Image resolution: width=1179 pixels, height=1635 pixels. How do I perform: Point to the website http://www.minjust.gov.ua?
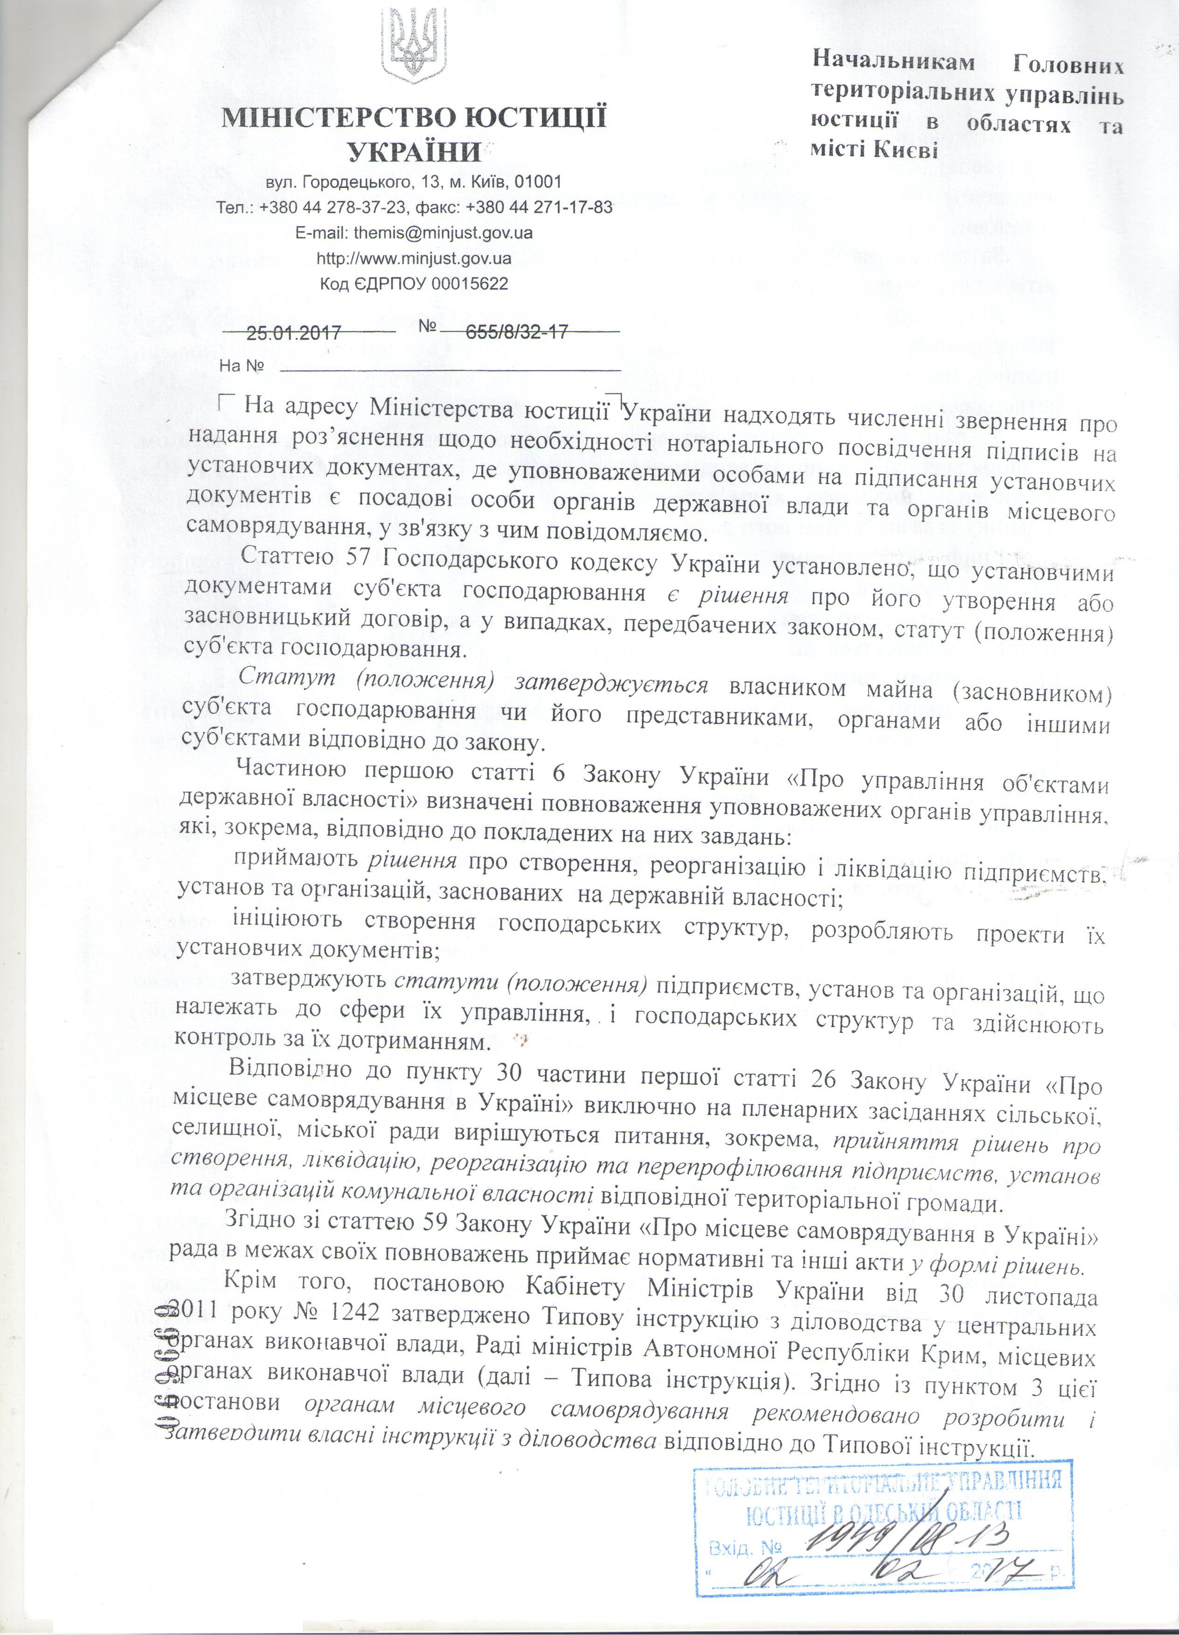[414, 258]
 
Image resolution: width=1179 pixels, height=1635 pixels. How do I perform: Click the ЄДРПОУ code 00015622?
[470, 284]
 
